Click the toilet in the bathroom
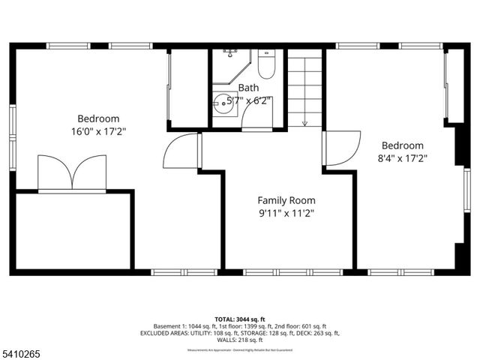pos(266,66)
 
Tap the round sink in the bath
pos(223,105)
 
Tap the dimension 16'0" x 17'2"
pos(98,131)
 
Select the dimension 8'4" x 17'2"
pos(403,158)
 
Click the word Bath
pos(249,88)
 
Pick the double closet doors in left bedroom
pos(72,172)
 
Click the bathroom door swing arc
pos(257,121)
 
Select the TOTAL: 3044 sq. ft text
pos(241,318)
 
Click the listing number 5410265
pos(20,351)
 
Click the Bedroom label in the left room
pos(98,118)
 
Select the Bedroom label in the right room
pos(403,145)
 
